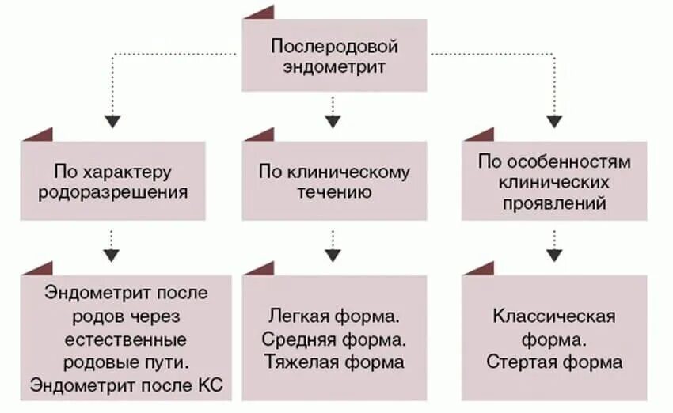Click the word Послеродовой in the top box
pos(334,46)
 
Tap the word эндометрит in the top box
pos(334,66)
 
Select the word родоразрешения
pos(113,192)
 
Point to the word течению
pos(334,192)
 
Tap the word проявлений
pos(553,203)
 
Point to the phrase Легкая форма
pos(334,317)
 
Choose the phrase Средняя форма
pos(334,340)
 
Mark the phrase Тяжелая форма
pos(334,363)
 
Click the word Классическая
pos(554,317)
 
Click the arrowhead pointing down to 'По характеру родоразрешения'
pos(114,122)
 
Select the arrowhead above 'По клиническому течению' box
pos(333,122)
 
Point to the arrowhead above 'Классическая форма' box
pos(553,256)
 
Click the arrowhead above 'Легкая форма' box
pos(333,256)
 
